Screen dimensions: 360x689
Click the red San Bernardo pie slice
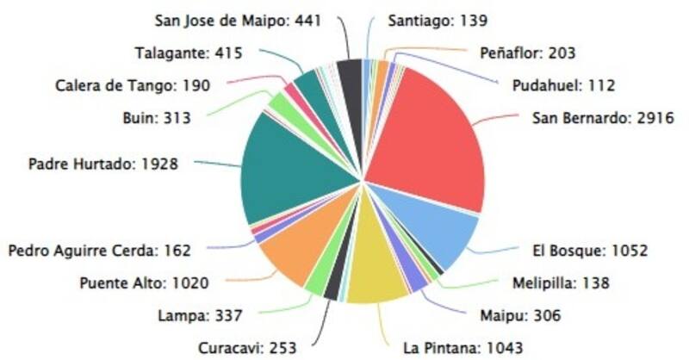[x=431, y=138]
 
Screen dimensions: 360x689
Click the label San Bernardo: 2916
[x=602, y=117]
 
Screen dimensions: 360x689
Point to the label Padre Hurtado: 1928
[x=103, y=163]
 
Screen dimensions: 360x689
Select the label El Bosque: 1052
[x=589, y=251]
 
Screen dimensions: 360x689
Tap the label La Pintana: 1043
[x=462, y=348]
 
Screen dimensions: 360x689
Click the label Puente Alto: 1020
[x=145, y=282]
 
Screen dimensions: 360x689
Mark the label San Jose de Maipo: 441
[x=237, y=21]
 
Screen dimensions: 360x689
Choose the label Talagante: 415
[x=189, y=53]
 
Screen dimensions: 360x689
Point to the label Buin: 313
[x=156, y=117]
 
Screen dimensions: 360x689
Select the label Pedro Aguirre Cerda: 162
[x=99, y=251]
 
